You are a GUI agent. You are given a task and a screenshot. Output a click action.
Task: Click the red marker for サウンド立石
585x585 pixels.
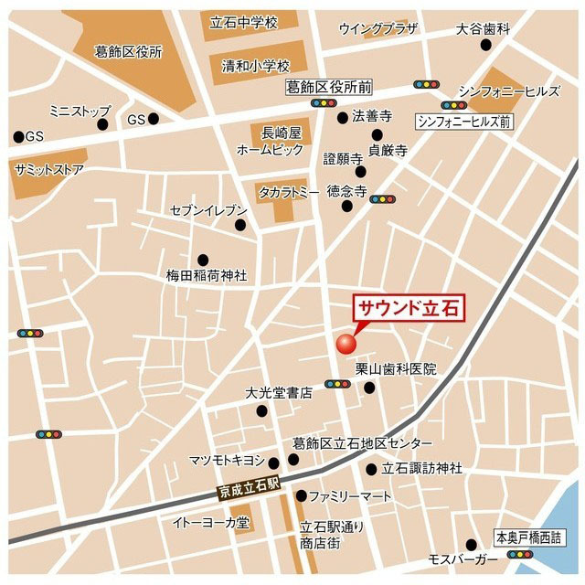point(346,343)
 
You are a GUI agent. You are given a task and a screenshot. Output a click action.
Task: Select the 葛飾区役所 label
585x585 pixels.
point(129,52)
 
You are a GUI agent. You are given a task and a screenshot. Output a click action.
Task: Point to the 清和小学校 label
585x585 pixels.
point(255,66)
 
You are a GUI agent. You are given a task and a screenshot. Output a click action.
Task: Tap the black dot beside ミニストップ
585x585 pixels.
point(103,123)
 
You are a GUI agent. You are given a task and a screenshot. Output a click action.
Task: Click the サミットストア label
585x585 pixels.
point(49,169)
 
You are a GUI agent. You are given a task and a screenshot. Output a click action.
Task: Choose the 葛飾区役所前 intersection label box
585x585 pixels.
point(328,88)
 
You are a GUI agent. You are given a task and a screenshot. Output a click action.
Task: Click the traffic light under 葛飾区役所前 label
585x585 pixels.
point(324,104)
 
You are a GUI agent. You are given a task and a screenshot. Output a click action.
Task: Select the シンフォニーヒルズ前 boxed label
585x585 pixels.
point(464,121)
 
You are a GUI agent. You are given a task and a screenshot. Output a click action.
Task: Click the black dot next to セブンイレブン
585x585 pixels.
point(240,225)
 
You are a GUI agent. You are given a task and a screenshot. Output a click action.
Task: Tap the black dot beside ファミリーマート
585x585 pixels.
point(301,496)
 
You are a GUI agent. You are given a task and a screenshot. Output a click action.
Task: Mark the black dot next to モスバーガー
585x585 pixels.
point(472,543)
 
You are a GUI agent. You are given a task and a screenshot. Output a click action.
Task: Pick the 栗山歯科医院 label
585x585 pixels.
point(396,369)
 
